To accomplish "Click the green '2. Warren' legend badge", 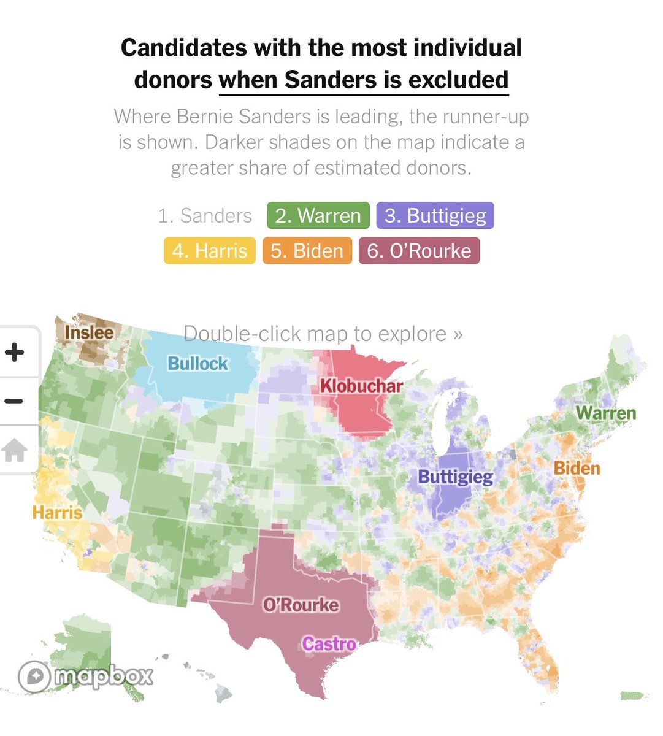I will [318, 216].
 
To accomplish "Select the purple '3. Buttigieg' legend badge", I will [435, 216].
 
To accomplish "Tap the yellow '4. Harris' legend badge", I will [209, 251].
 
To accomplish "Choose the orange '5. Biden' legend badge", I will [307, 251].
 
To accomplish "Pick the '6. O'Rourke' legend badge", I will [419, 251].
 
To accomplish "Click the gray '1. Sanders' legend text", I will [205, 216].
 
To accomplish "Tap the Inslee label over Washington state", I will [89, 332].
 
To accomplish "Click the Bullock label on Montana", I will [197, 364].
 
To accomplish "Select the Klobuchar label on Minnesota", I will [361, 386].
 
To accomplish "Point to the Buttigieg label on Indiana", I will [455, 477].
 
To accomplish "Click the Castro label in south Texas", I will [329, 644].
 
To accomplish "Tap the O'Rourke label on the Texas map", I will [301, 605].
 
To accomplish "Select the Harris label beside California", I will [57, 512].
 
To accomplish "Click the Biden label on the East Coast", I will [577, 469].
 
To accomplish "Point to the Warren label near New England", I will [605, 413].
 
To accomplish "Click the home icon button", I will [15, 451].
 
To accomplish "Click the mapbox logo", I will [85, 677].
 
